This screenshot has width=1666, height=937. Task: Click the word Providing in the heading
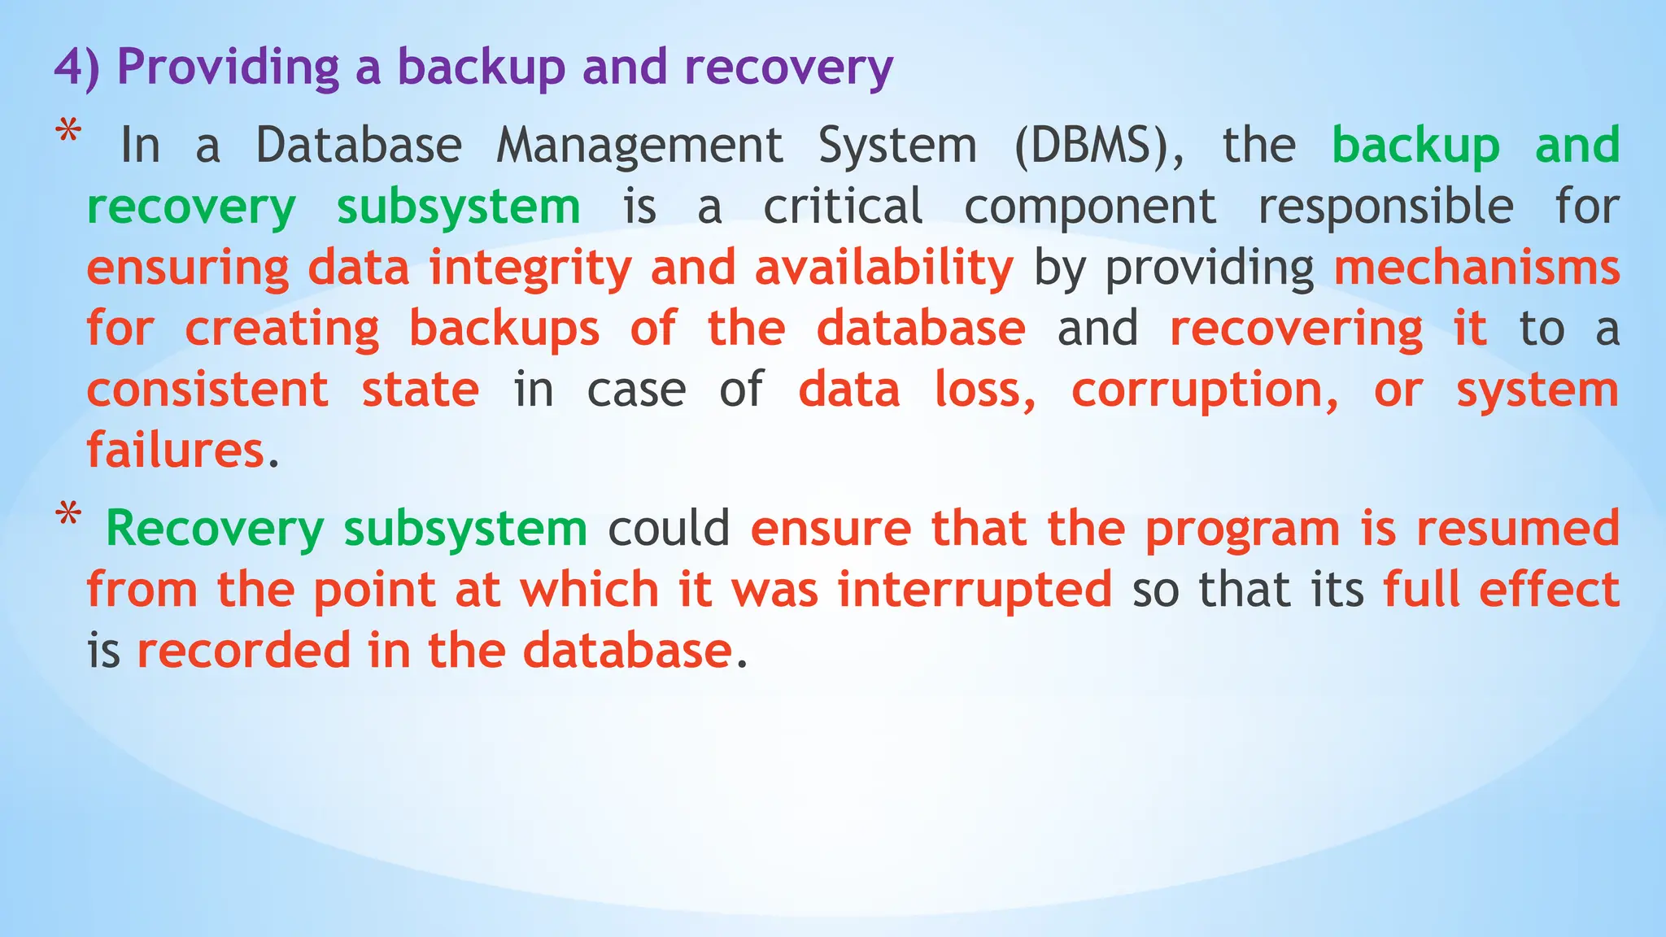(229, 67)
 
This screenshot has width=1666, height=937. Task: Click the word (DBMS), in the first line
(1098, 146)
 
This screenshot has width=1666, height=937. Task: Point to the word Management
(639, 146)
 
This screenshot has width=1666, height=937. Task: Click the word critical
(843, 207)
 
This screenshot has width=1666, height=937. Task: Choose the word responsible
(1385, 207)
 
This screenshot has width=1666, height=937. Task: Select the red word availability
(883, 268)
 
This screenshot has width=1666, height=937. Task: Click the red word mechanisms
(1476, 268)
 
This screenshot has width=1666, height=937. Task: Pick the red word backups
(504, 329)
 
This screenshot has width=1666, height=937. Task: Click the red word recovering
(1297, 329)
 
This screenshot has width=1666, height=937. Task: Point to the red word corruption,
(1205, 390)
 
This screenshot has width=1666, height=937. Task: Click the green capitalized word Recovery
(215, 529)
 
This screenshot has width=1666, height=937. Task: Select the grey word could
(669, 529)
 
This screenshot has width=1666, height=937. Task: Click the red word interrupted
(975, 590)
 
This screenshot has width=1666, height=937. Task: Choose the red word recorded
(242, 651)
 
